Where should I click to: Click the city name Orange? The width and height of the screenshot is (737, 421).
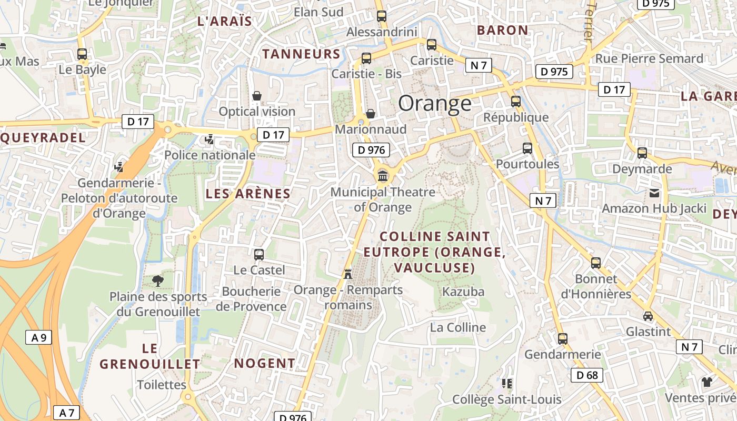[x=435, y=103]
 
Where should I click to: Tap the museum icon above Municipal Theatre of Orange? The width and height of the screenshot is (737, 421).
[x=383, y=175]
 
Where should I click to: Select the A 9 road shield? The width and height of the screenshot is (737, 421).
[x=39, y=337]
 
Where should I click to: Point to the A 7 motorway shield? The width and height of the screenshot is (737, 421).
[x=66, y=413]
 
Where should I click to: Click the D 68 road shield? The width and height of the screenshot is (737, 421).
[x=587, y=375]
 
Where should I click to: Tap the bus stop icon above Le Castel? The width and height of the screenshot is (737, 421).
[x=259, y=255]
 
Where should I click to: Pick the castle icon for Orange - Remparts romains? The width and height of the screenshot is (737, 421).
[x=347, y=274]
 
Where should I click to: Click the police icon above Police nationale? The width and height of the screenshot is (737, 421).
[x=210, y=139]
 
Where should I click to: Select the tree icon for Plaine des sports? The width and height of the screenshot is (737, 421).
[x=157, y=281]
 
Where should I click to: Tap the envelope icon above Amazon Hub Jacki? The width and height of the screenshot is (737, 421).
[x=654, y=193]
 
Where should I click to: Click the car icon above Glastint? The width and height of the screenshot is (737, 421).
[x=648, y=316]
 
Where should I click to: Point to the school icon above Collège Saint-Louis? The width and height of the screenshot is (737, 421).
[x=507, y=384]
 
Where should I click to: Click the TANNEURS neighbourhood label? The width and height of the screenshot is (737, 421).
[x=302, y=54]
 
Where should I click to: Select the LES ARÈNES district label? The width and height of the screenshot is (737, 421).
[x=248, y=194]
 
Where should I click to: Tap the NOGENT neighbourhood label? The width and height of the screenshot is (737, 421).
[x=265, y=363]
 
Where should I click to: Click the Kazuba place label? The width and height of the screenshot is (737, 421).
[x=463, y=292]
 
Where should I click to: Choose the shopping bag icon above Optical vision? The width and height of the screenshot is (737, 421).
[x=257, y=96]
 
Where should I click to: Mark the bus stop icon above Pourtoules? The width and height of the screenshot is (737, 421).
[x=527, y=148]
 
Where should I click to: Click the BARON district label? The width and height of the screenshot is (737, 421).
[x=502, y=30]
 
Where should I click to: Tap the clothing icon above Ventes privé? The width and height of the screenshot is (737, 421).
[x=706, y=382]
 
